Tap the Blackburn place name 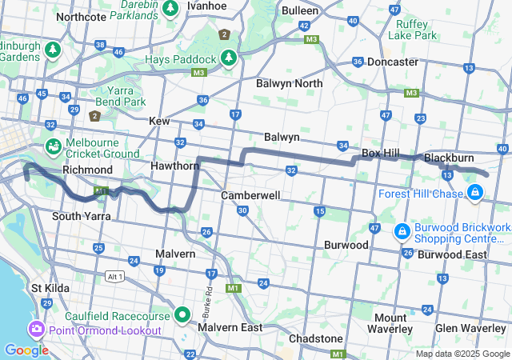click(450, 158)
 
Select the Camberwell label click(251, 195)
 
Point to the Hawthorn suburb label click(175, 166)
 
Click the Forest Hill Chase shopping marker click(475, 192)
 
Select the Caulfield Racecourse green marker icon click(182, 315)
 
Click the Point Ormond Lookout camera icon click(36, 330)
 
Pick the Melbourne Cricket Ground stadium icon click(53, 146)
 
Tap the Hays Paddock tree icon click(229, 59)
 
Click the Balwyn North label click(290, 83)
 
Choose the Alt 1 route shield click(115, 276)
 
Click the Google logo click(26, 350)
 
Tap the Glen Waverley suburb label click(471, 328)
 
